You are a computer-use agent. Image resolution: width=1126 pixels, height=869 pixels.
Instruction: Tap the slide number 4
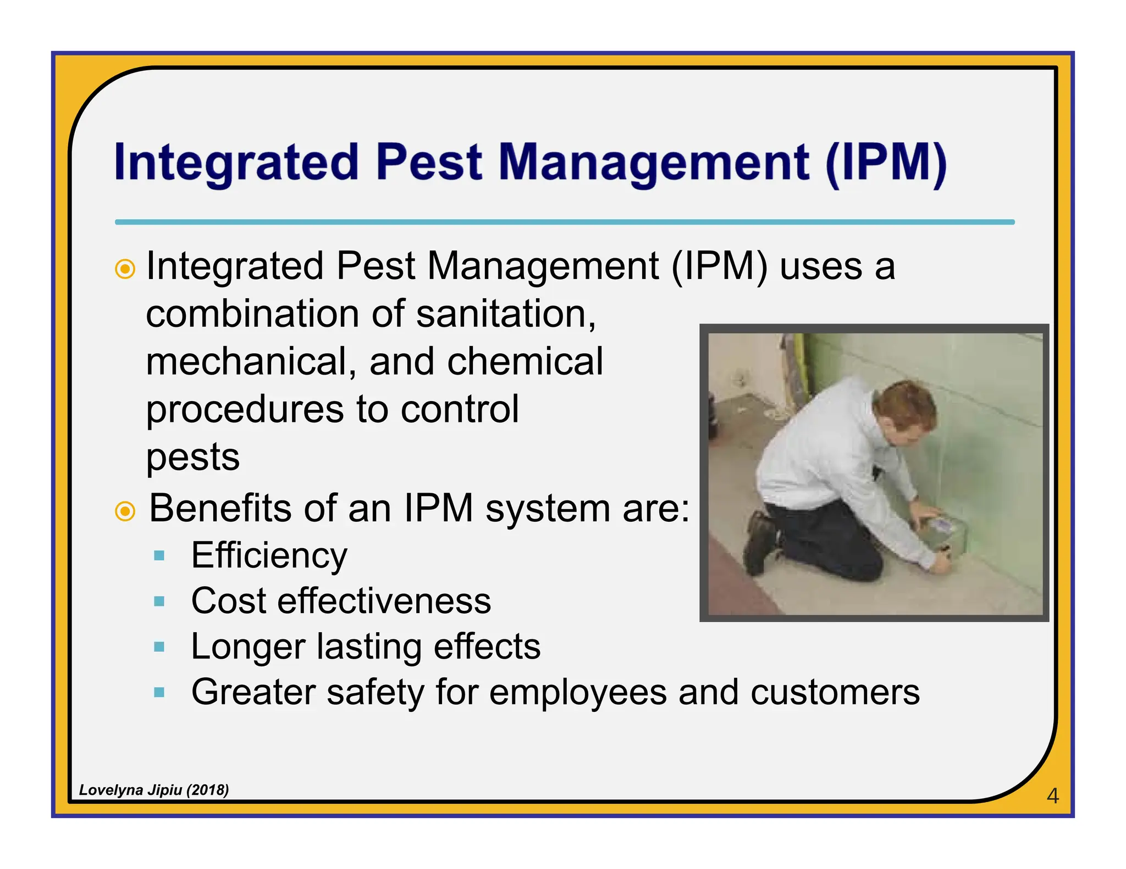click(x=1052, y=795)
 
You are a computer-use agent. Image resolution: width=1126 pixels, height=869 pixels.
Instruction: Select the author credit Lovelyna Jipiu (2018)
click(x=154, y=790)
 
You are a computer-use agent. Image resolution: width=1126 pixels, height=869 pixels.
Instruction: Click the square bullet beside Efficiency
click(x=159, y=556)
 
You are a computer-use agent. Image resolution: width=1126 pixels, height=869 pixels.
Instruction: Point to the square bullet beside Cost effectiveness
click(x=159, y=601)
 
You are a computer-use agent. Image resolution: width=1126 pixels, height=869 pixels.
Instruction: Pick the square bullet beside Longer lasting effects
click(x=159, y=647)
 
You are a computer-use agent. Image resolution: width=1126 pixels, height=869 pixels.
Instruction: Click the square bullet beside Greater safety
click(x=159, y=692)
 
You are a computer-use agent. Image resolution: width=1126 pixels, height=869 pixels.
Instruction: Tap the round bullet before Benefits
click(x=125, y=511)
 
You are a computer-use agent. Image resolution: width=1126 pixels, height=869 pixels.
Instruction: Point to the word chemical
click(x=525, y=361)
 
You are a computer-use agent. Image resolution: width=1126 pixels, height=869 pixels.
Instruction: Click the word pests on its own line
click(x=193, y=457)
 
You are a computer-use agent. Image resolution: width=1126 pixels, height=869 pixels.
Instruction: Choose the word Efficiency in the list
click(x=269, y=555)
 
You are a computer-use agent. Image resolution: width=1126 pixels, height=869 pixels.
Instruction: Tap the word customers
click(x=835, y=692)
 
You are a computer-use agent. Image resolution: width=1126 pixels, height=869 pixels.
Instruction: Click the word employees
click(x=578, y=692)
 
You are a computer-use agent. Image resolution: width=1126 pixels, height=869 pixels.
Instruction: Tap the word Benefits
click(x=220, y=508)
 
